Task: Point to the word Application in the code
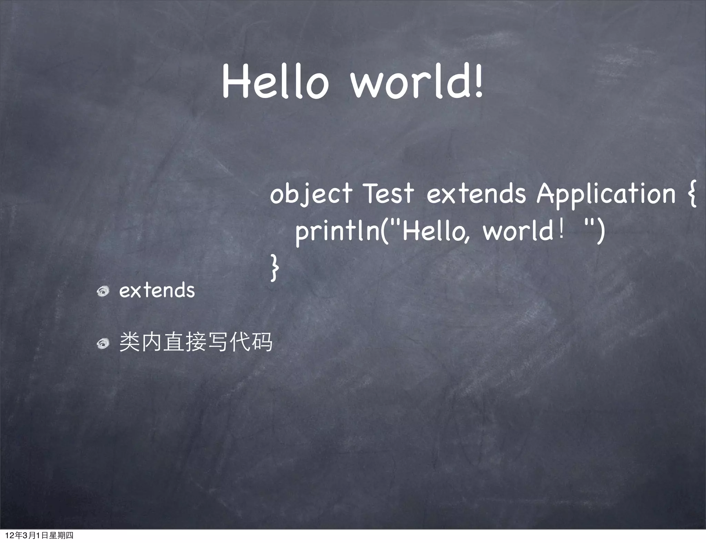tap(606, 194)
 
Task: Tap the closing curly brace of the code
tap(274, 268)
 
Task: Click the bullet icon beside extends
tap(103, 291)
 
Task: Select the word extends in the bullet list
tap(157, 290)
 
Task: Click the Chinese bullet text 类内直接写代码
tap(195, 342)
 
